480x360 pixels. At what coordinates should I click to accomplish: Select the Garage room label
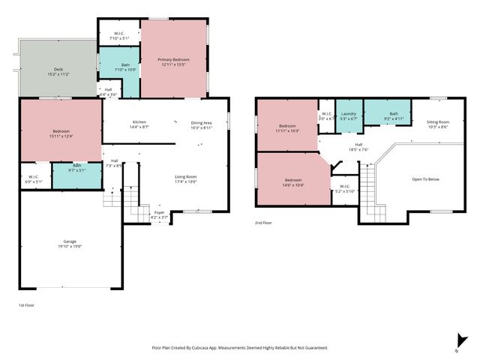click(67, 243)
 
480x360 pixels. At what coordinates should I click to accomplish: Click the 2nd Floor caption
click(262, 223)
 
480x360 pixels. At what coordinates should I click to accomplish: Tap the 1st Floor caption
click(25, 305)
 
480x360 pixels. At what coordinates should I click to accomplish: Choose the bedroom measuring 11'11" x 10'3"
click(288, 128)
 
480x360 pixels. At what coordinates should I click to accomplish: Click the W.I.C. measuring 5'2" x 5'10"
click(344, 187)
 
